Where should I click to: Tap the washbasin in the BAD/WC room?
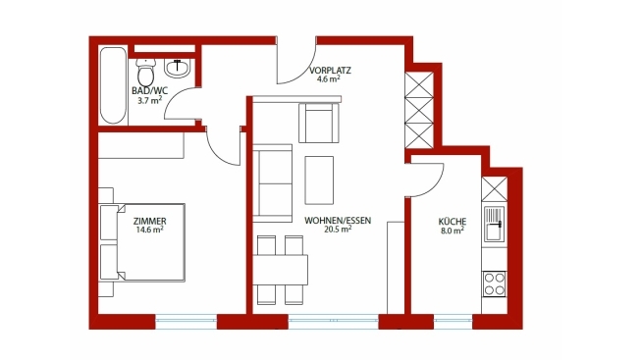click(177, 68)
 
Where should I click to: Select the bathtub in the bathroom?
click(113, 85)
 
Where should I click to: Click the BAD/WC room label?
click(149, 91)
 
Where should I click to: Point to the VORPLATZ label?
click(330, 70)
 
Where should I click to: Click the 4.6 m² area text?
click(329, 79)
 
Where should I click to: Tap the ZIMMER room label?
click(150, 221)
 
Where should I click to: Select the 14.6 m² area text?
click(150, 230)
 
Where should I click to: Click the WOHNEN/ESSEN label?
click(338, 221)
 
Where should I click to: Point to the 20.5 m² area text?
click(338, 230)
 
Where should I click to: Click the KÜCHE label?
click(453, 222)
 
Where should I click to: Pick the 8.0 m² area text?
click(453, 231)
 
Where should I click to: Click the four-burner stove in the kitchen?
click(495, 283)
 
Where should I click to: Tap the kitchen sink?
click(495, 224)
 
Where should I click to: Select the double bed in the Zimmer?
click(142, 242)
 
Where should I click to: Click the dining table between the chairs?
click(280, 270)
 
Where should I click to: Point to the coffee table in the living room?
click(319, 180)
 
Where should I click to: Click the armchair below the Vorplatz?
click(319, 123)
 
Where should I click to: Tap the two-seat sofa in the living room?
click(272, 183)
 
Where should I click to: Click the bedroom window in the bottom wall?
click(186, 322)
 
